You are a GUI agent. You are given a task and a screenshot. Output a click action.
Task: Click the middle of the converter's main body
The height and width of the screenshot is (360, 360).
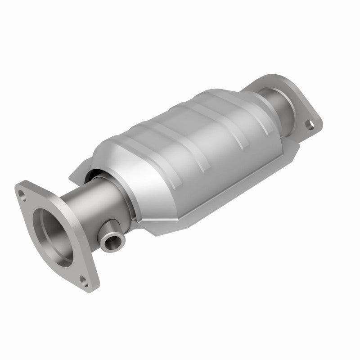pos(193,148)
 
